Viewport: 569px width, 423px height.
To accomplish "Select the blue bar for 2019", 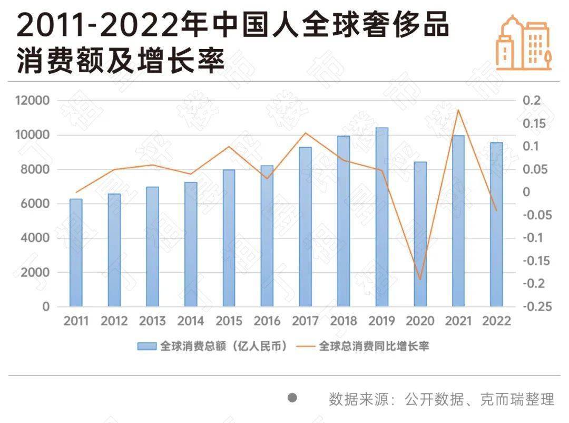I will [x=382, y=217].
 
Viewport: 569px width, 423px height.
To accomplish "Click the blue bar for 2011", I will [x=76, y=253].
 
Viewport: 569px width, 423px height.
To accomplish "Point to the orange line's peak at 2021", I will [x=458, y=110].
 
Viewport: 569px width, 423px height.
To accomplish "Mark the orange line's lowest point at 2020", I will [x=420, y=279].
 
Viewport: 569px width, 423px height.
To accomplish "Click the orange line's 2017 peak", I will [x=306, y=133].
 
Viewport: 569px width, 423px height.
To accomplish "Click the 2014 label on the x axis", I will [x=191, y=321].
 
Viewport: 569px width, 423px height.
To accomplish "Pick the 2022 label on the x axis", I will [x=496, y=321].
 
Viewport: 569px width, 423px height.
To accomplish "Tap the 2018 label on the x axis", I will [x=344, y=321].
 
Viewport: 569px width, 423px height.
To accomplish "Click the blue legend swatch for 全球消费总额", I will [x=147, y=346].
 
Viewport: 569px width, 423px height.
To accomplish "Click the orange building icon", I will [x=524, y=43].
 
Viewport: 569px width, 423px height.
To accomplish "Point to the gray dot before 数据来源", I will [x=292, y=398].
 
